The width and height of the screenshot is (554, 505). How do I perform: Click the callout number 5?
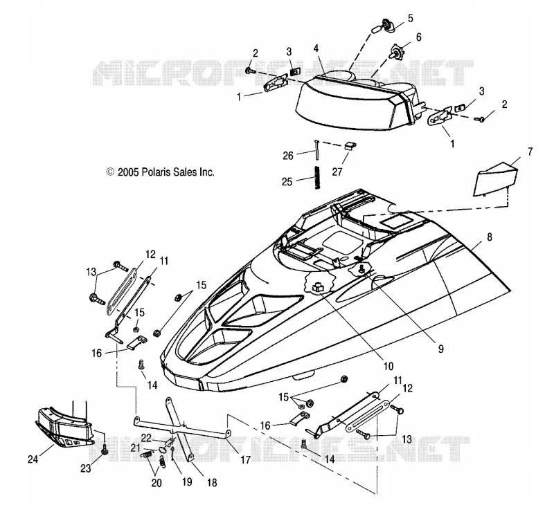[x=410, y=18]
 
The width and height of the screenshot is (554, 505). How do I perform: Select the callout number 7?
[x=530, y=151]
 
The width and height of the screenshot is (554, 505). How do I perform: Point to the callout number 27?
[x=337, y=172]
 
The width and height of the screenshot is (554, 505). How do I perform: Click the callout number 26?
[x=288, y=155]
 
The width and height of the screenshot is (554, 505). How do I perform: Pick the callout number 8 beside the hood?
[x=490, y=237]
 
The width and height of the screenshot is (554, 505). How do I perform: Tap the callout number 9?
[x=440, y=349]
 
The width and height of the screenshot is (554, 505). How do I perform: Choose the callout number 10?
[x=388, y=367]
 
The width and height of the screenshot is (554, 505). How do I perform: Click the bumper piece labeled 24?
[x=65, y=428]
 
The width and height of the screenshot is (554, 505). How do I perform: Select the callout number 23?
[x=86, y=468]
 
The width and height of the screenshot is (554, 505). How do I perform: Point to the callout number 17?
[x=245, y=459]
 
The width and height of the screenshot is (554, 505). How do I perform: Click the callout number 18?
[x=212, y=483]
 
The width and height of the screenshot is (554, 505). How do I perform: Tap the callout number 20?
[x=157, y=483]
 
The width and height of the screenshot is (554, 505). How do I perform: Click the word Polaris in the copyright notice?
[x=154, y=172]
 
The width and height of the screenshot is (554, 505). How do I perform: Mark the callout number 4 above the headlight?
[x=316, y=48]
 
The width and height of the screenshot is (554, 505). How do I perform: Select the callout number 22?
[x=146, y=438]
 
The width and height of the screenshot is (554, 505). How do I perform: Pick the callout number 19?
[x=187, y=481]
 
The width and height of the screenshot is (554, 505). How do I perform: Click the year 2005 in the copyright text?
[x=128, y=172]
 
